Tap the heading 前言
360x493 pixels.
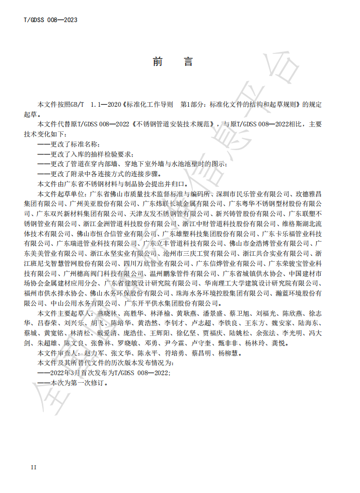(172, 62)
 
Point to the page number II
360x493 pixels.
(33, 467)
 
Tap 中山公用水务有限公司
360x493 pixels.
(70, 303)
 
